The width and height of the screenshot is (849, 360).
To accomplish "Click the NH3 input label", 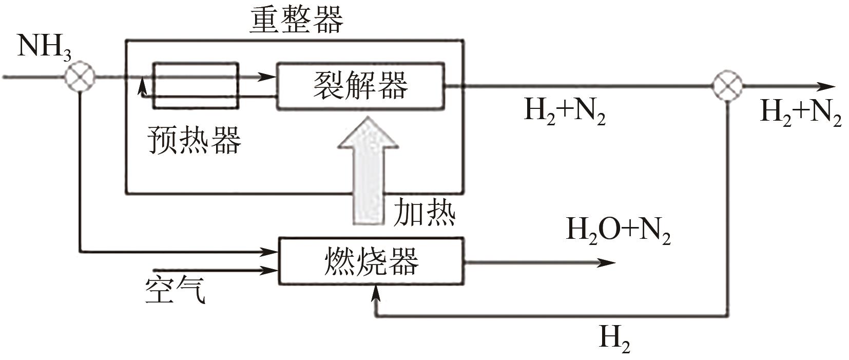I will pos(44,48).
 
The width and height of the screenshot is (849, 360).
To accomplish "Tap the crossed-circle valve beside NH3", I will pos(80,77).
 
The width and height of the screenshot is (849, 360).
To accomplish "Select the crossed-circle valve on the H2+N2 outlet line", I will pos(727,86).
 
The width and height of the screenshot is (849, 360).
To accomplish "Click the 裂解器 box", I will pos(360,86).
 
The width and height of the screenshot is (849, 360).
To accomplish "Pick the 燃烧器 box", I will pos(371,261).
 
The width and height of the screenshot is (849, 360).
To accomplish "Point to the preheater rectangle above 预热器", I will pos(196,86).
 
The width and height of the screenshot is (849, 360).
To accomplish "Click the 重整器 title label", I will pos(296,21).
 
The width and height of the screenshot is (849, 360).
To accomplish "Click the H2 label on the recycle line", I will pos(614,339).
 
